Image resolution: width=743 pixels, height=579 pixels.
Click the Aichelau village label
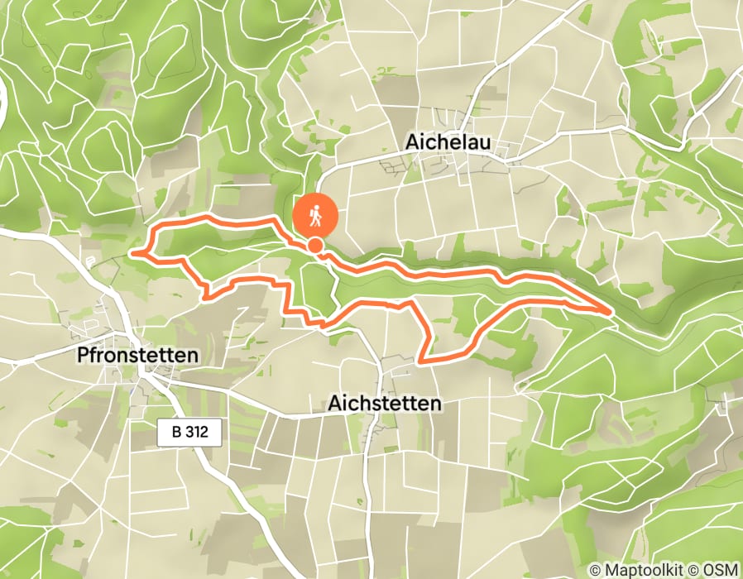coord(448,142)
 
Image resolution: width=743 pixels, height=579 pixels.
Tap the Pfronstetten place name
coord(137,355)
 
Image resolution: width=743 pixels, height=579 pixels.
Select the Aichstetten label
coord(385,404)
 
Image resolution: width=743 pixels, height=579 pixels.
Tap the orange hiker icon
coord(315,216)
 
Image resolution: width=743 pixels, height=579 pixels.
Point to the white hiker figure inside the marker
coord(315,216)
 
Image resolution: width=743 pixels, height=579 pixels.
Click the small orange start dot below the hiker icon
coord(315,245)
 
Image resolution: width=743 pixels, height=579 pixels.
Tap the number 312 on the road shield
coord(199,433)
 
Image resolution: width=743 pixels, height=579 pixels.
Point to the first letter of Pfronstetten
coord(81,355)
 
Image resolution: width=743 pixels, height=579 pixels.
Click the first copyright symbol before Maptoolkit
coord(595,570)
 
